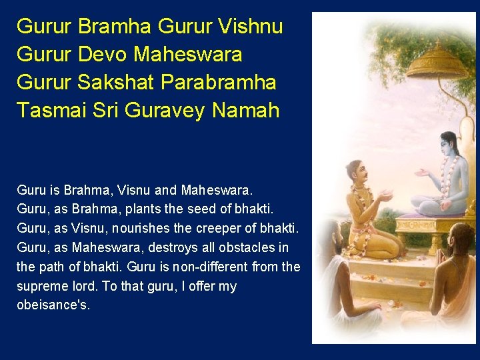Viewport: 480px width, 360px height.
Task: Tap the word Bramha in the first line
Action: point(115,27)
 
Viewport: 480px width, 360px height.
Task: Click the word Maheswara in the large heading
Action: point(188,54)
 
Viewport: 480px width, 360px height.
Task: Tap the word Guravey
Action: point(161,109)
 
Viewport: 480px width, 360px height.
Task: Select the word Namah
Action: point(246,109)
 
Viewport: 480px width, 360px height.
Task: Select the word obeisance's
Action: point(53,305)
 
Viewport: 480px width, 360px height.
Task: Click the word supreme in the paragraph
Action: point(39,286)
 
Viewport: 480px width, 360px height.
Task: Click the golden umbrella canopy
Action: point(437,63)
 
